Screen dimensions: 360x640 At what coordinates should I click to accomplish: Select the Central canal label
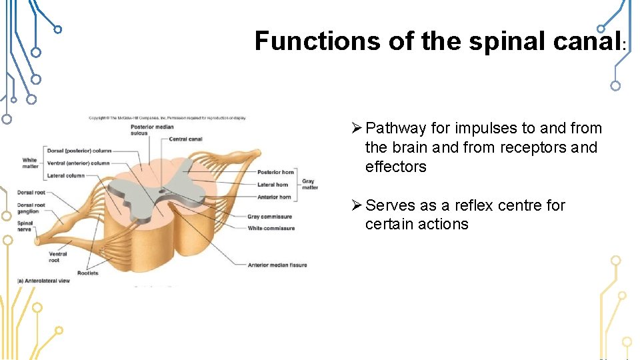pyautogui.click(x=186, y=139)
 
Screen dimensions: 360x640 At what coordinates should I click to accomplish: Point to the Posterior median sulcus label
pyautogui.click(x=152, y=129)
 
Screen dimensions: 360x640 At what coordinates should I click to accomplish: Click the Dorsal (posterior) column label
pyautogui.click(x=79, y=151)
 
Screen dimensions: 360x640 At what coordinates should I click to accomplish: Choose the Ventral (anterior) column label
pyautogui.click(x=79, y=163)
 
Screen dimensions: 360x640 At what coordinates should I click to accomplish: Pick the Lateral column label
pyautogui.click(x=65, y=176)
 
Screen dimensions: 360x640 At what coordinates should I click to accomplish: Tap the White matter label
pyautogui.click(x=29, y=163)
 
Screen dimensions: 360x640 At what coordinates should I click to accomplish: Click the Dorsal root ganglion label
pyautogui.click(x=31, y=209)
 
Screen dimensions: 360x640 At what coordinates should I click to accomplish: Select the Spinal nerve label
pyautogui.click(x=25, y=227)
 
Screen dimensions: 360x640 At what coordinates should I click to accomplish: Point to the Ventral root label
pyautogui.click(x=57, y=257)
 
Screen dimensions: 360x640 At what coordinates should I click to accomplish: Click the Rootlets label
pyautogui.click(x=87, y=273)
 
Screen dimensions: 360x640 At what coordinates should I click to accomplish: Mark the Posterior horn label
pyautogui.click(x=275, y=173)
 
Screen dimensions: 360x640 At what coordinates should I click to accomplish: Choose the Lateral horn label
pyautogui.click(x=273, y=185)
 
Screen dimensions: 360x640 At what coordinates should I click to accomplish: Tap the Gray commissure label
pyautogui.click(x=269, y=217)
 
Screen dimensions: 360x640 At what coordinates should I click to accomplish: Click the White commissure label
pyautogui.click(x=271, y=229)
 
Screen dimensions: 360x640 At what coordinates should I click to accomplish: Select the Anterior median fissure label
pyautogui.click(x=277, y=265)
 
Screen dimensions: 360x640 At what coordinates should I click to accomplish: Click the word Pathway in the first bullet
pyautogui.click(x=396, y=128)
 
